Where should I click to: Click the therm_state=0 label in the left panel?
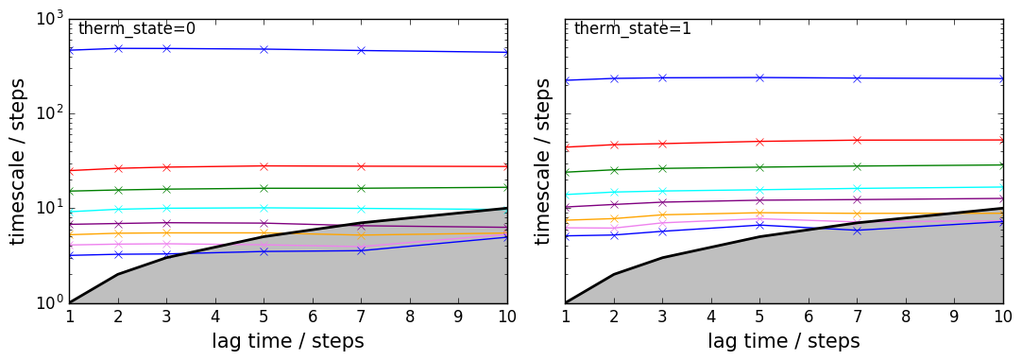coord(137,28)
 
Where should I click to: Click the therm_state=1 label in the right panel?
coord(632,28)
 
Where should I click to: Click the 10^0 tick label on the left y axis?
coord(47,303)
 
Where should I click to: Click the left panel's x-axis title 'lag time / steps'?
coord(288,340)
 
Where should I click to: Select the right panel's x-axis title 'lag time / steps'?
coord(783,340)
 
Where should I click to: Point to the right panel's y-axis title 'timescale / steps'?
coord(545,161)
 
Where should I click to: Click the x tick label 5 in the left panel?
coord(264,317)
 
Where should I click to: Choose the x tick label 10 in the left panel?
coord(507,317)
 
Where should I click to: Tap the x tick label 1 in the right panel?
coord(565,317)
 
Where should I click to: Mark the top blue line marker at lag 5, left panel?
coord(264,49)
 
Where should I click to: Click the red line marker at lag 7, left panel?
coord(361,166)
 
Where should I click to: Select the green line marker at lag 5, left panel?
coord(264,188)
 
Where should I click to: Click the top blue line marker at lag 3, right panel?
coord(662,77)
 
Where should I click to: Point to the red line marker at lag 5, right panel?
coord(759,142)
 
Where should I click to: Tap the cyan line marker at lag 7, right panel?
coord(857,189)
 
